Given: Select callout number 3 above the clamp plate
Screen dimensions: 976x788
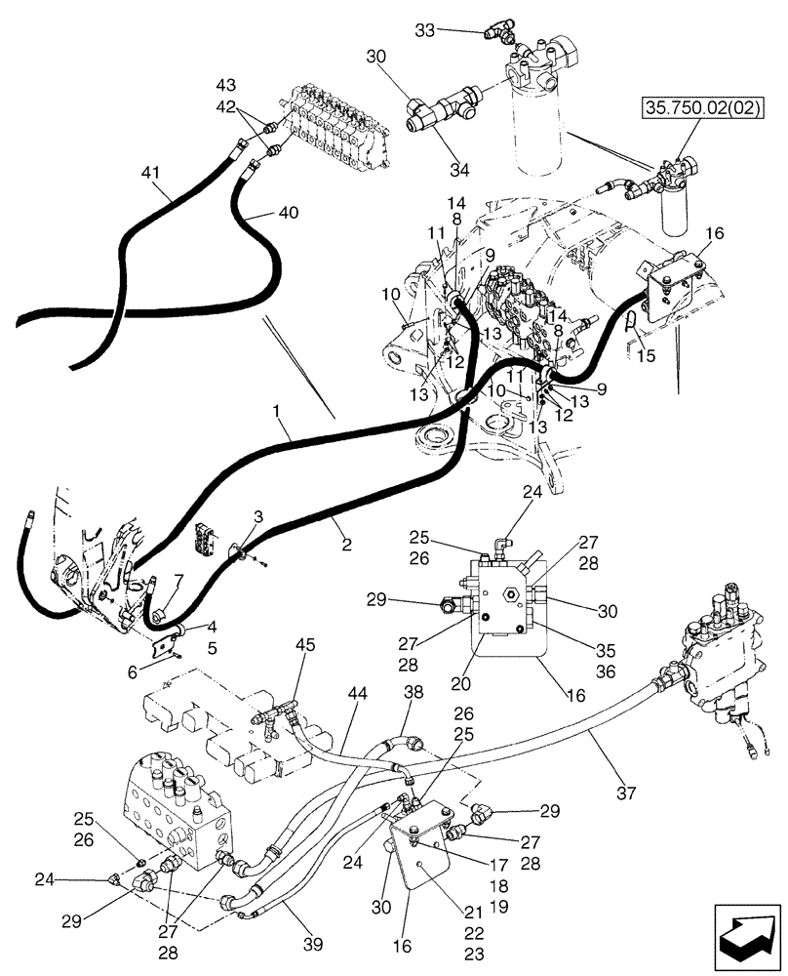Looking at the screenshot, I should pos(257,514).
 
